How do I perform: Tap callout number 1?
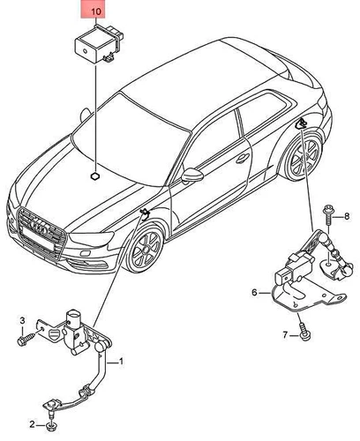click(122, 361)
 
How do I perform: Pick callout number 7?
click(285, 335)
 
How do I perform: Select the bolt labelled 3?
click(21, 338)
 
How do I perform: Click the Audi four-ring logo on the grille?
click(41, 223)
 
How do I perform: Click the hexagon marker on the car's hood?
click(93, 176)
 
